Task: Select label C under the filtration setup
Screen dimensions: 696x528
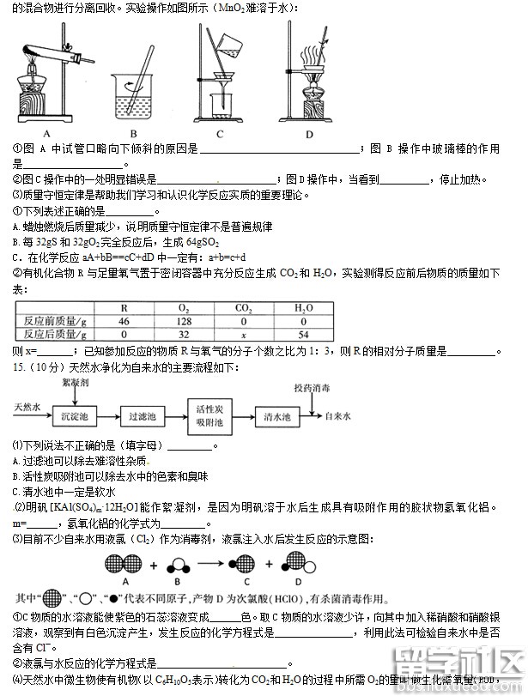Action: pyautogui.click(x=220, y=133)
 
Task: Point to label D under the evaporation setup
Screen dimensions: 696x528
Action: pyautogui.click(x=308, y=133)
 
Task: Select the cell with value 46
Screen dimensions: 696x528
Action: pyautogui.click(x=124, y=320)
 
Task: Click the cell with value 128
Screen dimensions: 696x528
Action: pyautogui.click(x=183, y=320)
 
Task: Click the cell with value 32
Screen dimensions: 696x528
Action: pyautogui.click(x=183, y=334)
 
